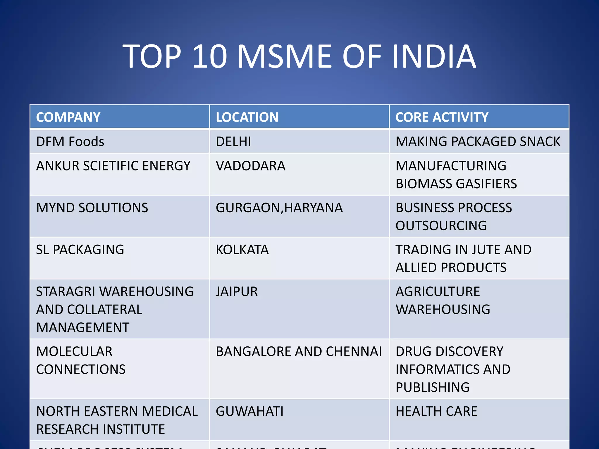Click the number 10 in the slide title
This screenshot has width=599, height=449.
[x=210, y=56]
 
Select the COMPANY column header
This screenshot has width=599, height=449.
[x=68, y=117]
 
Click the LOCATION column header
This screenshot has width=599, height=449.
[x=247, y=117]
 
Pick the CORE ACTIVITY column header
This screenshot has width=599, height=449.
[x=442, y=117]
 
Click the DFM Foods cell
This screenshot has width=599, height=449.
[x=70, y=141]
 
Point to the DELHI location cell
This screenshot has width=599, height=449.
[x=233, y=141]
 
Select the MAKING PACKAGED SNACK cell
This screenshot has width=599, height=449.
[x=478, y=141]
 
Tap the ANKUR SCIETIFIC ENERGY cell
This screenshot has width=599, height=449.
[x=113, y=166]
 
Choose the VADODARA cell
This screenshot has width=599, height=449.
[x=251, y=166]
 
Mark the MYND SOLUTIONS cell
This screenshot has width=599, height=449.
[x=92, y=208]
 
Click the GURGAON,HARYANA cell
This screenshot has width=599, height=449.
[x=279, y=208]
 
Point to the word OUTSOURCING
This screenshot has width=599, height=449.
[x=441, y=226]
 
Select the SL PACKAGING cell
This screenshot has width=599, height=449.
[x=80, y=250]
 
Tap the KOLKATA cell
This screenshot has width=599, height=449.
[x=242, y=250]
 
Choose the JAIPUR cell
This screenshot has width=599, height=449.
[x=237, y=292]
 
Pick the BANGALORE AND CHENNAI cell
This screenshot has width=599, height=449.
[x=299, y=351]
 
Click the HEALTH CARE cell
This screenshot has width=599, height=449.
[x=436, y=411]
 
